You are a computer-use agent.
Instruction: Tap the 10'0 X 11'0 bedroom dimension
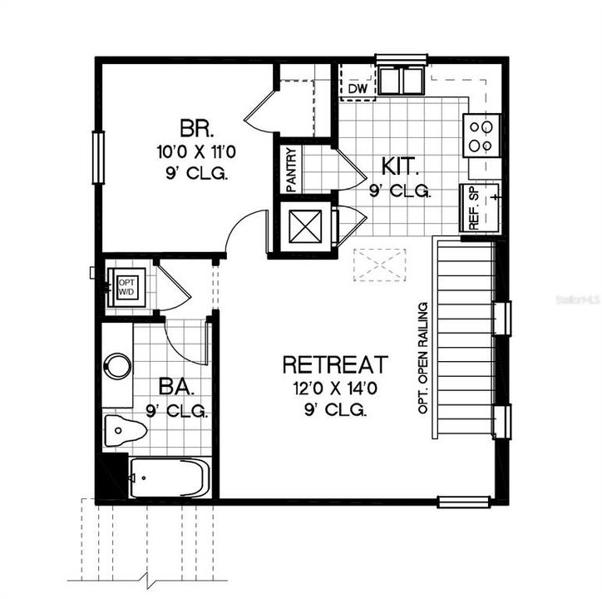pos(197,152)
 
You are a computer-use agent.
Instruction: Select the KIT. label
pos(400,164)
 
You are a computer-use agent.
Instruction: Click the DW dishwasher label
pos(358,88)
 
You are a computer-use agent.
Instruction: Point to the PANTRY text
pos(291,170)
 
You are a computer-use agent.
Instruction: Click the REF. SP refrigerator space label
pos(472,208)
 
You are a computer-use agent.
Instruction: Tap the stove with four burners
pos(482,136)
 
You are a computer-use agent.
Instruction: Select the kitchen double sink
pos(401,79)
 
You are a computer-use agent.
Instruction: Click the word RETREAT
pos(334,364)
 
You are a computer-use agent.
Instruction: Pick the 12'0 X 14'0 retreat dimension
pos(334,389)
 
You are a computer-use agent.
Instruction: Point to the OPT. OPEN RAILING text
pos(423,358)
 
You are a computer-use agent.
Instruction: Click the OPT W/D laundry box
pos(126,287)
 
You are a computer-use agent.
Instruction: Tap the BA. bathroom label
pos(176,387)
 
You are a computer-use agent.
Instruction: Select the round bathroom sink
pos(117,366)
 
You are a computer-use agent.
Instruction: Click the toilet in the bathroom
pos(124,430)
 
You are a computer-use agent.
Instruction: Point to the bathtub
pos(170,478)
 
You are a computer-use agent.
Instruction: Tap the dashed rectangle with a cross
pos(378,264)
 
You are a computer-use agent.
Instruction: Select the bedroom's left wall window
pos(99,157)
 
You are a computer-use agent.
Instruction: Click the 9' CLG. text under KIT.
pos(400,191)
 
